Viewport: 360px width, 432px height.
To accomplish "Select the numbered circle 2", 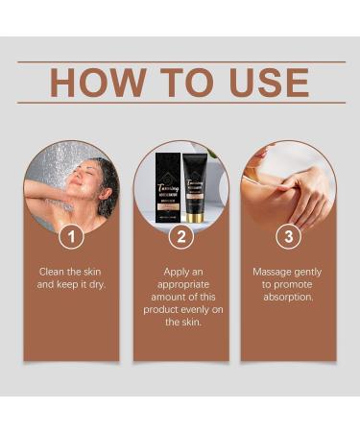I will click(x=180, y=236).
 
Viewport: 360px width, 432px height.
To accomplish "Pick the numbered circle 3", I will click(x=288, y=236).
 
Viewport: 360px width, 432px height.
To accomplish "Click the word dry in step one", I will click(x=100, y=286).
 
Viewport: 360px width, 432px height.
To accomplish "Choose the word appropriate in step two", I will click(x=180, y=286).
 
